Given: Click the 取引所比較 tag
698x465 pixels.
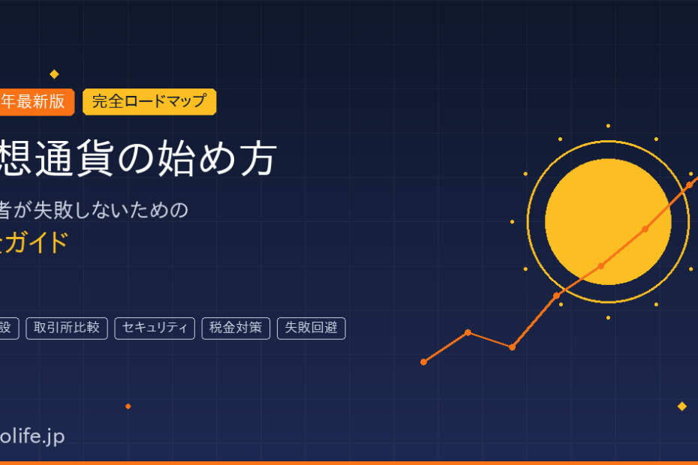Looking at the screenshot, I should (67, 328).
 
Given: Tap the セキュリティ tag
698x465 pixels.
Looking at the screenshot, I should (155, 328).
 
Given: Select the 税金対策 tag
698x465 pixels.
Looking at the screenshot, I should (236, 328).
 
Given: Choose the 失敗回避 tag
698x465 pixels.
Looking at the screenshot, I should (311, 328).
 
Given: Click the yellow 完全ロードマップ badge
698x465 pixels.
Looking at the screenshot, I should (149, 102).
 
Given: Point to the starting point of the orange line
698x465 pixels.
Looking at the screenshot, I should (424, 361).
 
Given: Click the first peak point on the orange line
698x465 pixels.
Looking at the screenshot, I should (468, 332).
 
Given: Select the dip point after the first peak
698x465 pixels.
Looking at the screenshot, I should (512, 347).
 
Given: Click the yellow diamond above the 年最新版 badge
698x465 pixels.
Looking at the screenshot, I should (54, 74).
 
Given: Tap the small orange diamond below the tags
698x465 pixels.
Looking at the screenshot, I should (128, 406).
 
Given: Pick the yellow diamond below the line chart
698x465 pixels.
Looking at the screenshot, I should (681, 406).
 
